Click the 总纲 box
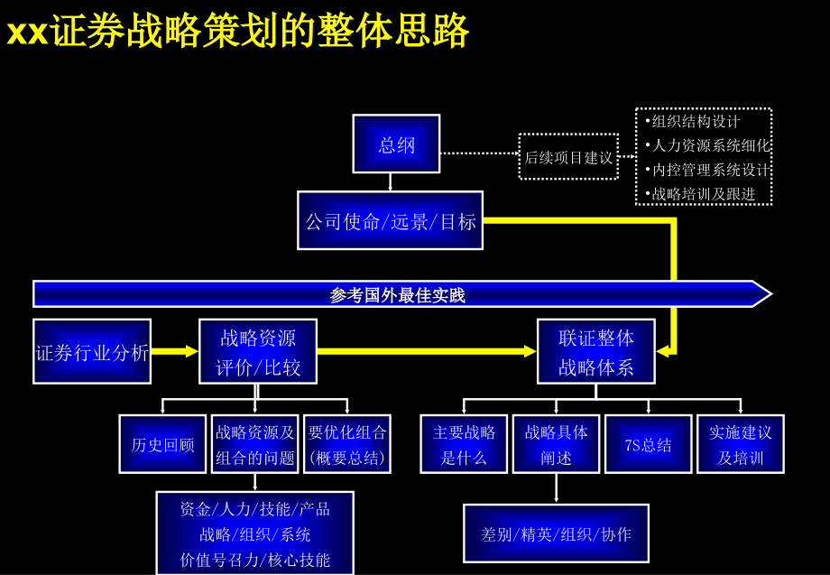[396, 144]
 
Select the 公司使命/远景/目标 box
[390, 220]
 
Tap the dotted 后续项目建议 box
[568, 157]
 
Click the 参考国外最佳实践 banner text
[397, 295]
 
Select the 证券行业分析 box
[92, 352]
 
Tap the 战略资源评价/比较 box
[258, 352]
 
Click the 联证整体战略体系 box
[595, 352]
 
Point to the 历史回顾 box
[162, 444]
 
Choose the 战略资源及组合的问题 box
[255, 444]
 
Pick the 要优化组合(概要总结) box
[346, 444]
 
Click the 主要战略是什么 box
[464, 444]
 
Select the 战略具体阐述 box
[556, 444]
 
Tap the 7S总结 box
[648, 444]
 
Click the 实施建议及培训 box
[740, 444]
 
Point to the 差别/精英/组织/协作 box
[556, 533]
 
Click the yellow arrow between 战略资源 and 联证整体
[424, 351]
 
